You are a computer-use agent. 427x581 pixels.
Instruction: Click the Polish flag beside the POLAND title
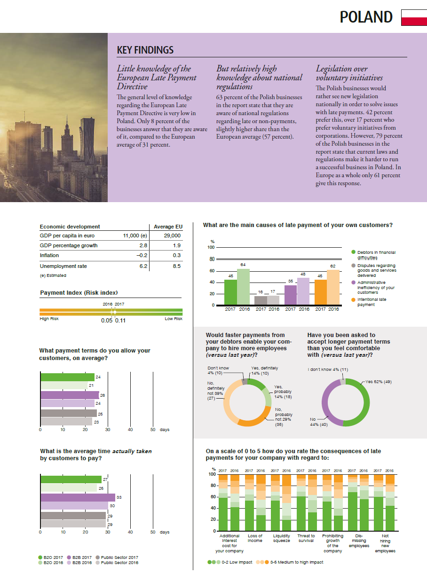tap(414, 18)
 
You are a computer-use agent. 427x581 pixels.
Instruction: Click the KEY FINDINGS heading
tap(145, 50)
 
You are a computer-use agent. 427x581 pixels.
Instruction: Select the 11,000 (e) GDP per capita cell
tap(135, 236)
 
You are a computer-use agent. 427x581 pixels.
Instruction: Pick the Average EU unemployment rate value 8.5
tap(177, 266)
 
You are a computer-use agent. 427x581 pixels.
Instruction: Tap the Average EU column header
tap(168, 227)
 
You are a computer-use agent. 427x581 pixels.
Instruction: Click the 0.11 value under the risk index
tap(120, 321)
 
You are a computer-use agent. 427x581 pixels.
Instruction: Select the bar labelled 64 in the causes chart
tap(243, 287)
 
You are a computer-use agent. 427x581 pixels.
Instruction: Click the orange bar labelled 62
tap(333, 287)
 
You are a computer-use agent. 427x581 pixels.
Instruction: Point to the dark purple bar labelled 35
tap(291, 295)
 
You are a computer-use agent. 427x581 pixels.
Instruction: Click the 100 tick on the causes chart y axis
tap(211, 247)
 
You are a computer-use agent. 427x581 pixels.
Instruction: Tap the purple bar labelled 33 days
tap(78, 497)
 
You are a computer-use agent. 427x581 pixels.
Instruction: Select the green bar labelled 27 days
tap(71, 479)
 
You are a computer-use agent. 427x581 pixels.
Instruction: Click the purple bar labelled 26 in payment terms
tap(70, 395)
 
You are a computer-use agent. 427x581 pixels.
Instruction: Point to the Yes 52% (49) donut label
tap(379, 382)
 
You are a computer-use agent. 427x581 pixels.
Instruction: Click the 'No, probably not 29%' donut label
tap(283, 417)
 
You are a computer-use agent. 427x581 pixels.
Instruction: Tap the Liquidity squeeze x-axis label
tap(282, 538)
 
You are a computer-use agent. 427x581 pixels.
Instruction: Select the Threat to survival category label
tap(306, 538)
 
